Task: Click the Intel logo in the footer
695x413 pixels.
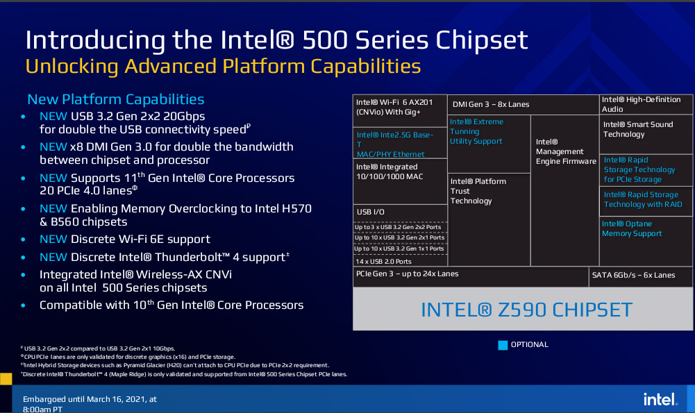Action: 660,399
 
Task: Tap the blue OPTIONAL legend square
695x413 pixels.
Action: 503,345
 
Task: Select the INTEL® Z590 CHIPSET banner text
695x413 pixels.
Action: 526,310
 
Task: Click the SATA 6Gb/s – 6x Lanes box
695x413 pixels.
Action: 640,276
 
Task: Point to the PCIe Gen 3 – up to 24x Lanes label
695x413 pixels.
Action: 407,274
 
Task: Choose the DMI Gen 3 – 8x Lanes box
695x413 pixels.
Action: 523,105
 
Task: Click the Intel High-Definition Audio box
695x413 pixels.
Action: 646,105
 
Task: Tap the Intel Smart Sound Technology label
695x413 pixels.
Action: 638,129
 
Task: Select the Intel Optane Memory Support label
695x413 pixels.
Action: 632,228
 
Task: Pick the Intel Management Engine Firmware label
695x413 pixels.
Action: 566,151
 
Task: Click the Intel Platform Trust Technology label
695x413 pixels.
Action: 478,191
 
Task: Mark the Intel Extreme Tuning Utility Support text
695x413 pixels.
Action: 476,132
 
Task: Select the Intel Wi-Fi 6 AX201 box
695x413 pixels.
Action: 400,111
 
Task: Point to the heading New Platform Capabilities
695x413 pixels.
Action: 116,99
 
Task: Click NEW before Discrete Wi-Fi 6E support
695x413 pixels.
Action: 53,239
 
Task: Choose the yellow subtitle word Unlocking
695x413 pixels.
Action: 72,67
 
